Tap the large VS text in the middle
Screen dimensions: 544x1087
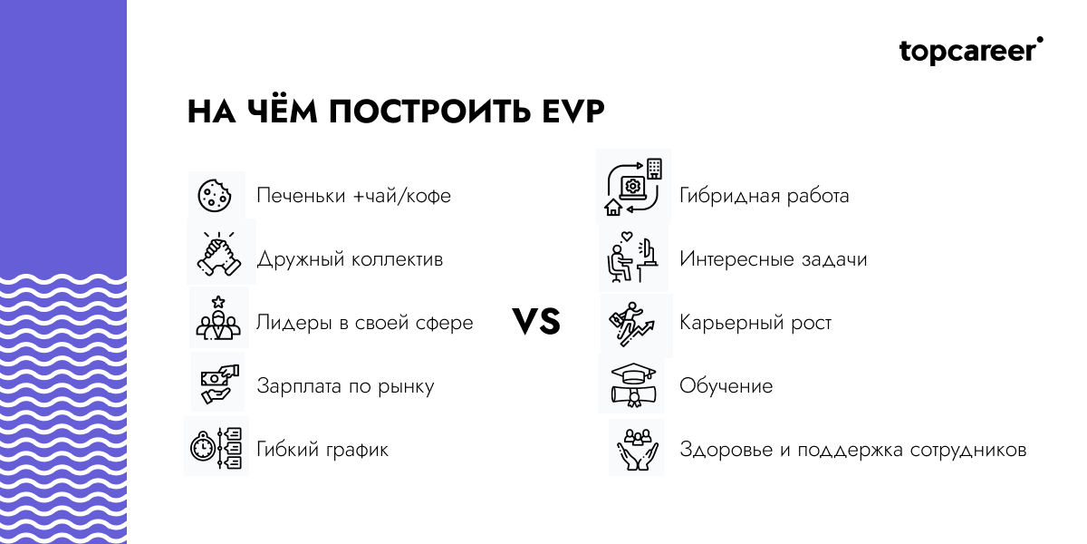[x=536, y=322]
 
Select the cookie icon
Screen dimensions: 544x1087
[x=216, y=195]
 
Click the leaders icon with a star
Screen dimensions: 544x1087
[x=217, y=318]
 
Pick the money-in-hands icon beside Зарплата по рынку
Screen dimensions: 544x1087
[x=217, y=383]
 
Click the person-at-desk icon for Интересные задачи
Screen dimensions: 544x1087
[x=632, y=258]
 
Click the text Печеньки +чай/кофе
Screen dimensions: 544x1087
[x=353, y=196]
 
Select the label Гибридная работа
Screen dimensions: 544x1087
[x=764, y=196]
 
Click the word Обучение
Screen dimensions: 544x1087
[x=726, y=386]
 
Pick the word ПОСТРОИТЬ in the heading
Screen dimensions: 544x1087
[x=422, y=112]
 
